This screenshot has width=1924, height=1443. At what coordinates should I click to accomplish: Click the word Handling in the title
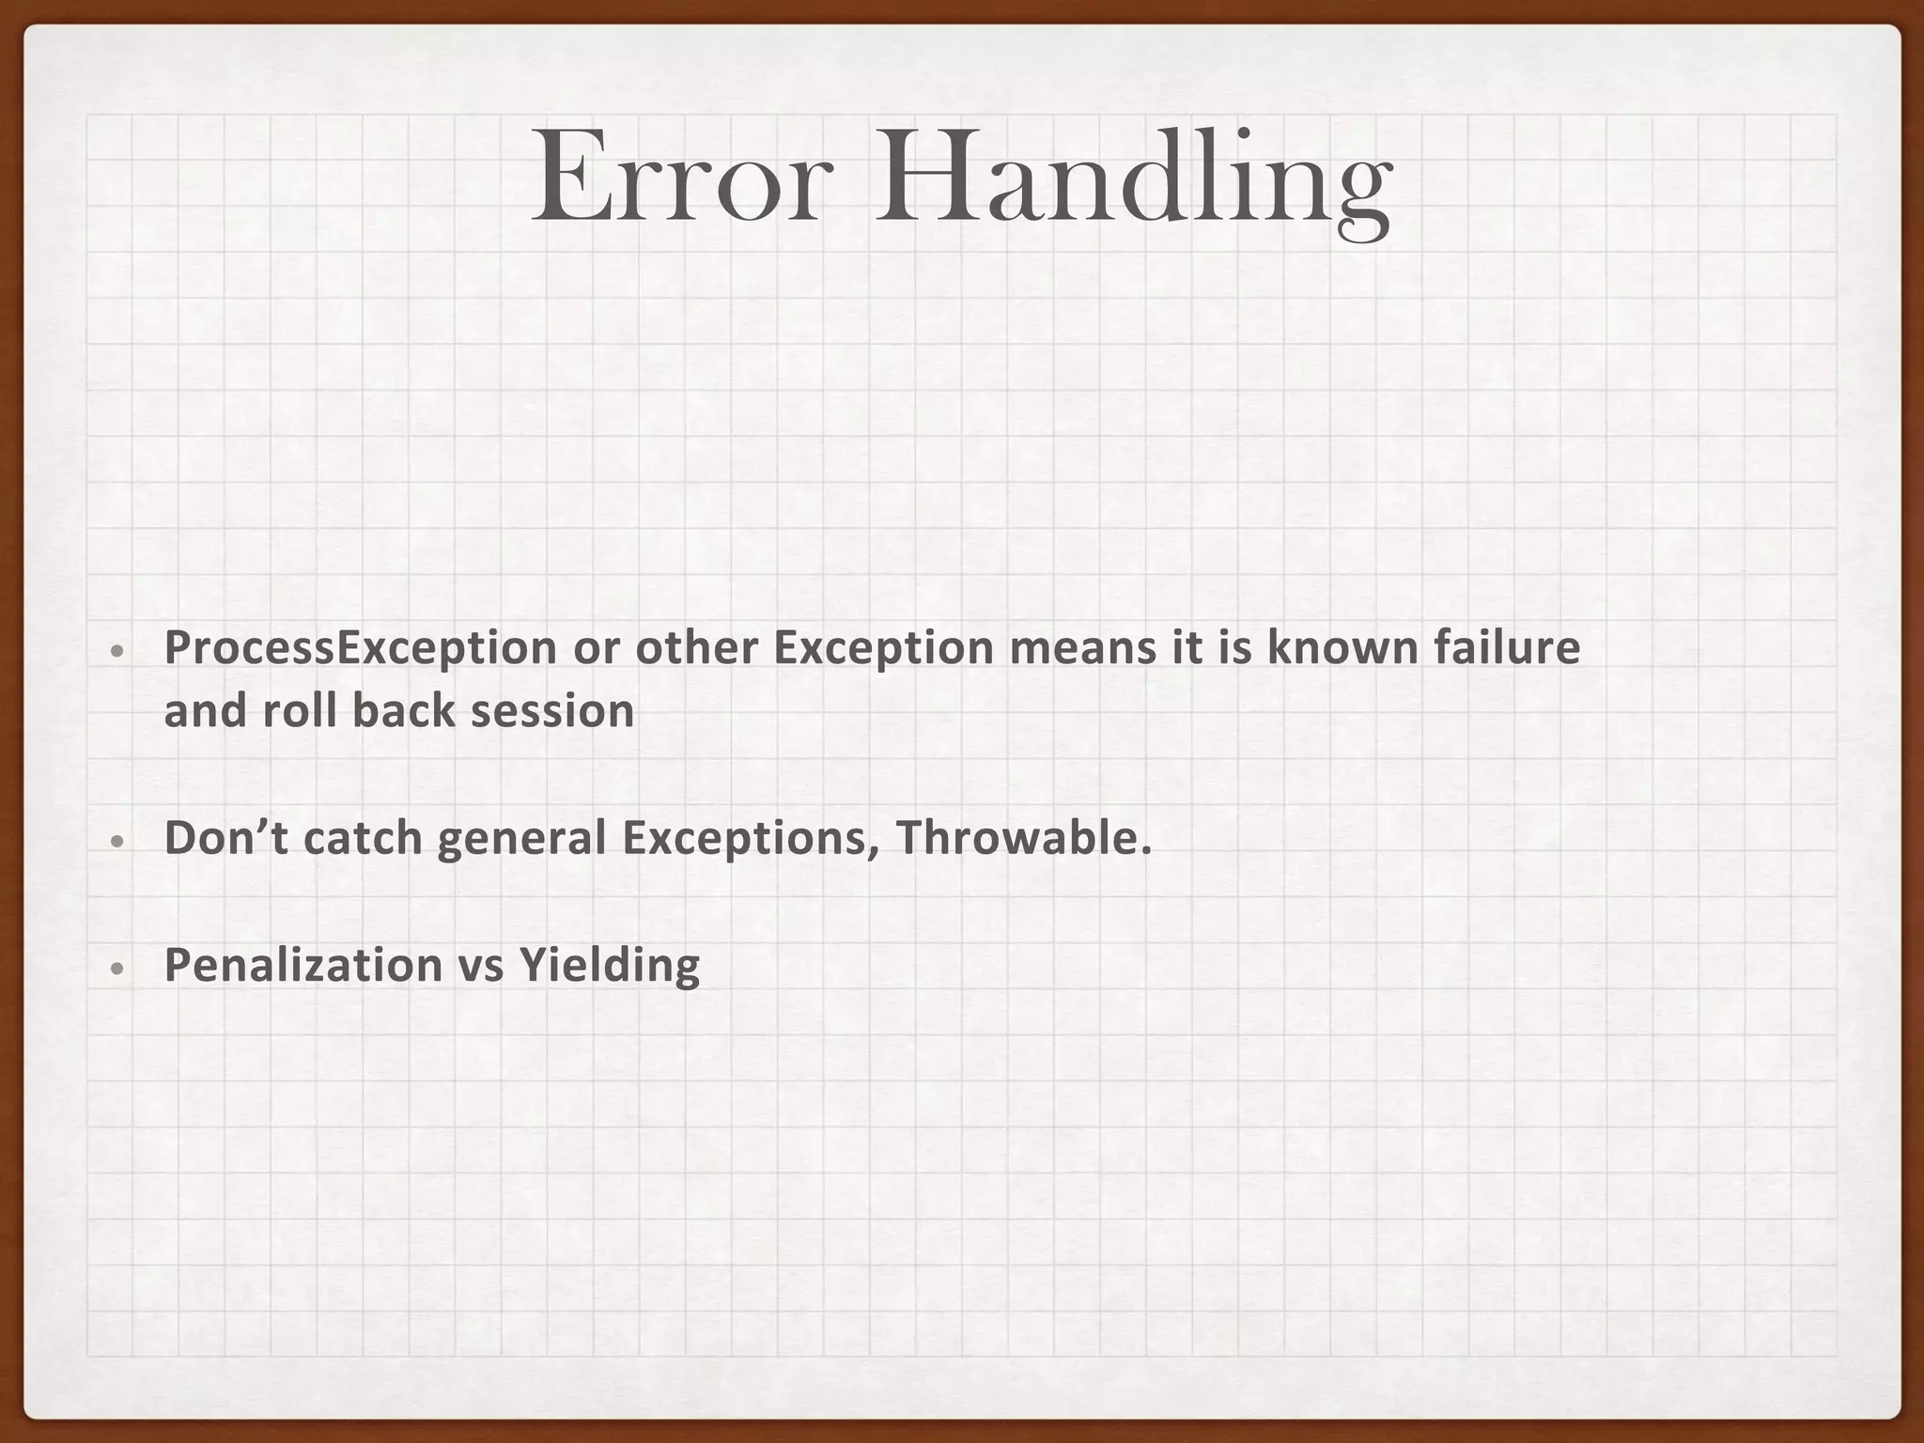(1132, 183)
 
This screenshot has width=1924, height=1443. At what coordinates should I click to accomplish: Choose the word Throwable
(1023, 838)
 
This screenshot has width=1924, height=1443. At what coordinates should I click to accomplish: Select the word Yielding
(609, 967)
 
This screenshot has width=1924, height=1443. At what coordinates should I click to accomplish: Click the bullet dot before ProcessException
(115, 651)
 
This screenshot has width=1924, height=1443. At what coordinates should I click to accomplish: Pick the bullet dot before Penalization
(115, 969)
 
